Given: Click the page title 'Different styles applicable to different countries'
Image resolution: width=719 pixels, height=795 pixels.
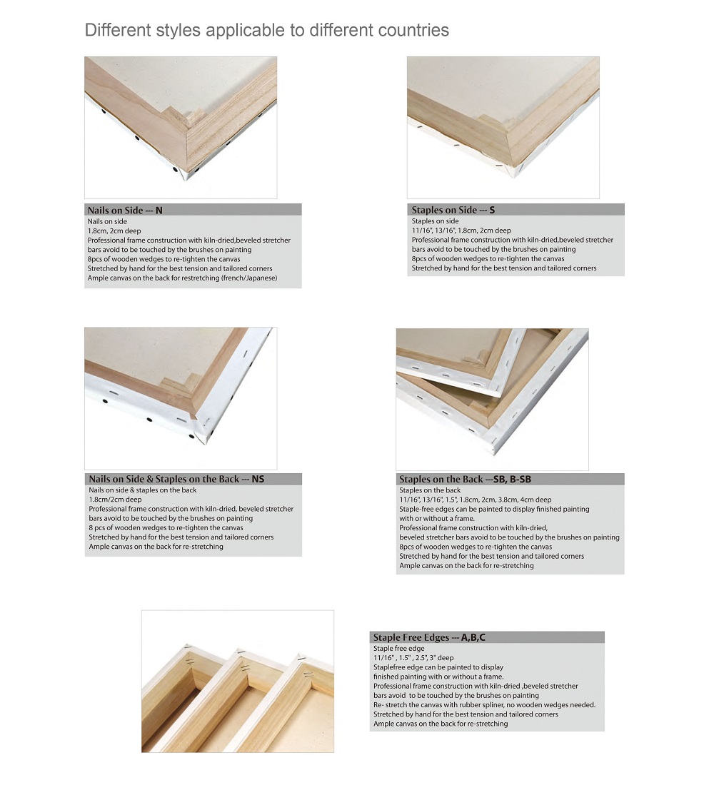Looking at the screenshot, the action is [266, 31].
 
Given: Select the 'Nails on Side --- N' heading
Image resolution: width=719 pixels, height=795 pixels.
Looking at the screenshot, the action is [125, 211].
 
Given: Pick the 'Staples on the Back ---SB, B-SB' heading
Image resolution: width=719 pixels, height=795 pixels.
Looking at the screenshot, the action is [466, 479].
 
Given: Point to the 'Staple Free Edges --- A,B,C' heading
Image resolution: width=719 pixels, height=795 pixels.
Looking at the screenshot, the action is [429, 637].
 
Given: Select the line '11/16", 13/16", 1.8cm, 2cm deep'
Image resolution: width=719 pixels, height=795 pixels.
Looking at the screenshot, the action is [461, 231].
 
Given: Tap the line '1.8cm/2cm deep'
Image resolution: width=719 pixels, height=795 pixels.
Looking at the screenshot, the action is [115, 500].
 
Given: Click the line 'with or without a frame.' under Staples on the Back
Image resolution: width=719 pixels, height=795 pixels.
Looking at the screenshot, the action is [437, 518].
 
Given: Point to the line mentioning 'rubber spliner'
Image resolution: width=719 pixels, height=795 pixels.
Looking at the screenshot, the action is [485, 705].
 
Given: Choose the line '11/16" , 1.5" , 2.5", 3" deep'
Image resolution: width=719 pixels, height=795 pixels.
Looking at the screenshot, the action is [413, 657].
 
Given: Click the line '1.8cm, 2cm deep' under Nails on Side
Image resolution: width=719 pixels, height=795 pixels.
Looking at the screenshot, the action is [114, 231].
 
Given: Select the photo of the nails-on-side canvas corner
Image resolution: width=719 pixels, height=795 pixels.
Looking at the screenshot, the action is [181, 127].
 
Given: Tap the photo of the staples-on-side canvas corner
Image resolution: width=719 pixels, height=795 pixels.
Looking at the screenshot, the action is [503, 127].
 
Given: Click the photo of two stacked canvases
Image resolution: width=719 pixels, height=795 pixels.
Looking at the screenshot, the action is [492, 399].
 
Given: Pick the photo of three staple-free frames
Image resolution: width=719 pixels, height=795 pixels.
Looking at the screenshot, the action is [238, 681].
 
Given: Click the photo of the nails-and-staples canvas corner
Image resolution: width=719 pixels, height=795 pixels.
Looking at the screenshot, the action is [181, 398].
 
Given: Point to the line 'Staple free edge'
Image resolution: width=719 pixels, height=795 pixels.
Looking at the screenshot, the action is [399, 648].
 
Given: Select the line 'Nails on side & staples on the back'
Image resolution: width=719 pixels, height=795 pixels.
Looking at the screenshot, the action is [143, 490].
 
